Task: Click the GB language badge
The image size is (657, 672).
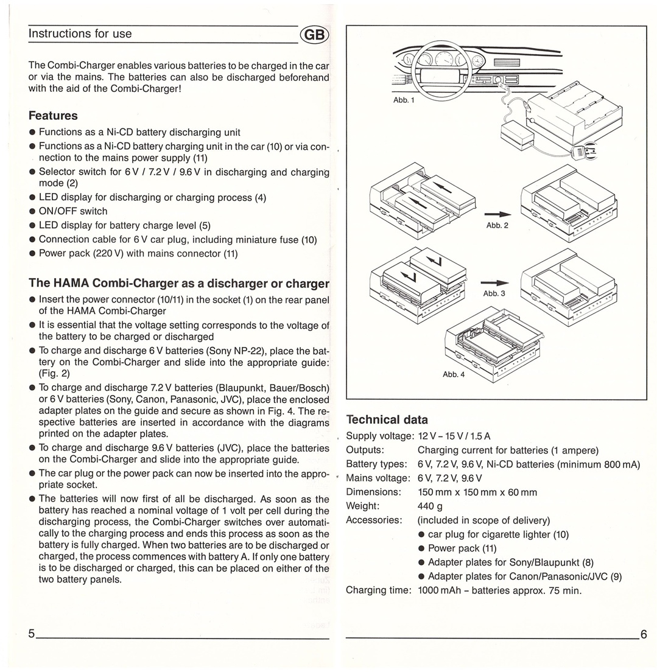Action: pos(314,35)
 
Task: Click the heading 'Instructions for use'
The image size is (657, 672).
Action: pos(80,34)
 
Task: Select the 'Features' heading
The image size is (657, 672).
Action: pos(53,116)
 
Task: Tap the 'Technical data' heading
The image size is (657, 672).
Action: pos(387,419)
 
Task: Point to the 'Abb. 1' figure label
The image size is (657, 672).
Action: pos(404,100)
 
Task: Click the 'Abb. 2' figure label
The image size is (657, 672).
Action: pos(497,225)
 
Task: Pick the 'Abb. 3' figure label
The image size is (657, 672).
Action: pos(494,293)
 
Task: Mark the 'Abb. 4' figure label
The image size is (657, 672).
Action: pos(453,374)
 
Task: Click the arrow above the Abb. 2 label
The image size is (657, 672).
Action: pos(497,214)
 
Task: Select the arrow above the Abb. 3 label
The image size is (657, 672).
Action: pos(494,283)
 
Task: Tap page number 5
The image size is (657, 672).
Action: pos(31,634)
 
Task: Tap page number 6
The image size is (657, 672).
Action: pos(644,635)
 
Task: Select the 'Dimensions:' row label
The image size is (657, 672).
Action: pos(373,492)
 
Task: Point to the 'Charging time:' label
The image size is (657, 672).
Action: pos(378,590)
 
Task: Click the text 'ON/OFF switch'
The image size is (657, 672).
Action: pos(73,211)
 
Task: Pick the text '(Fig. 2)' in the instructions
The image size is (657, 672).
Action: pos(54,374)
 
